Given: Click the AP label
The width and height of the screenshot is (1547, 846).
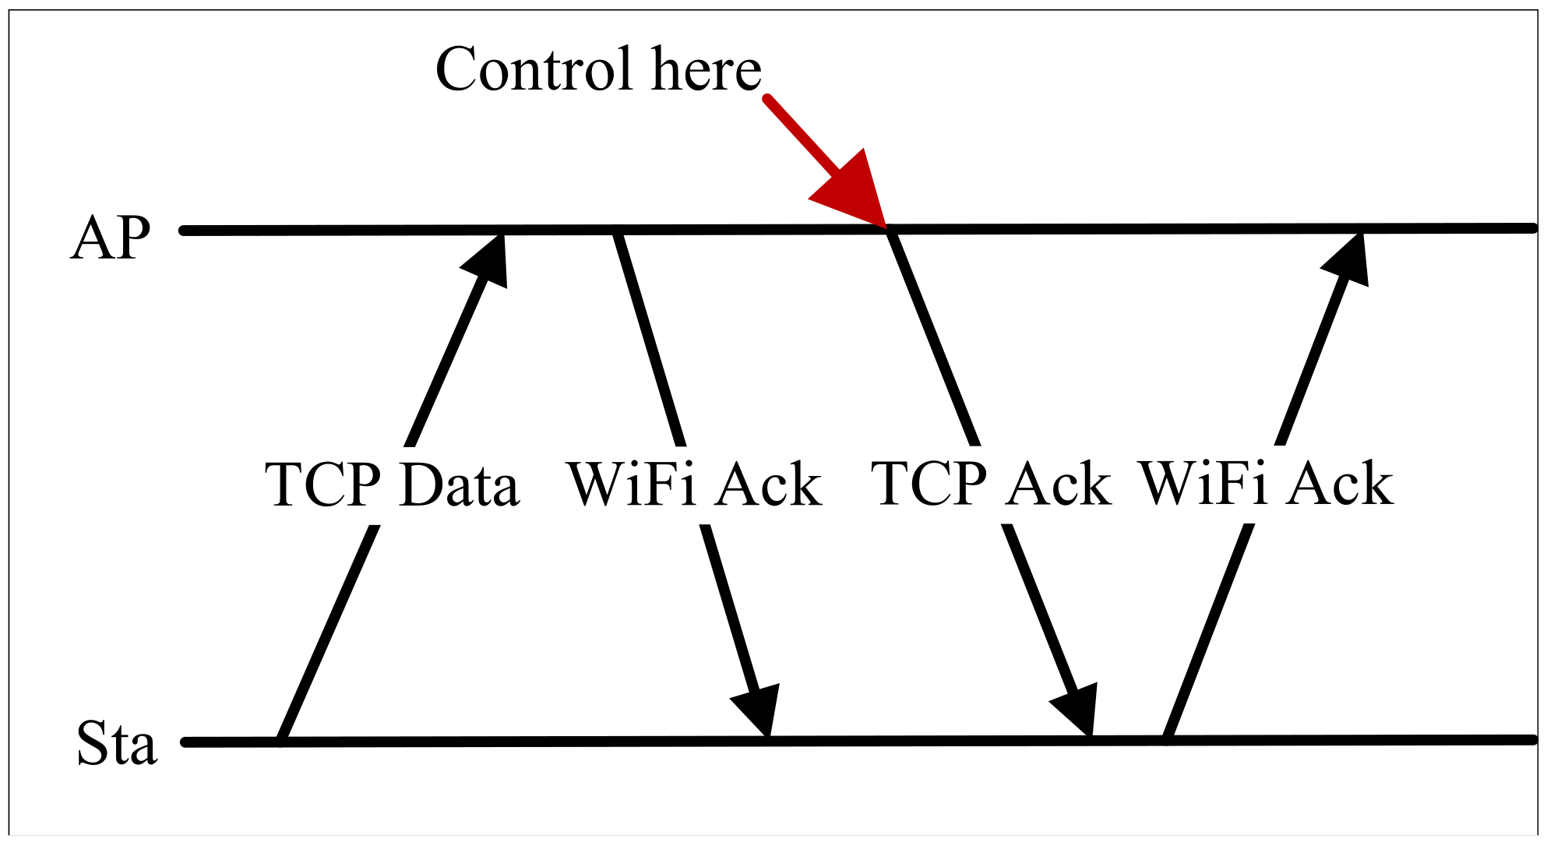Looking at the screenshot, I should click(x=110, y=238).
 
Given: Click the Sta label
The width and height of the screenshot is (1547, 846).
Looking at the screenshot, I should click(x=117, y=743).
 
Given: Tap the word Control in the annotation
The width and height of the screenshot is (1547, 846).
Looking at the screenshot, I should click(x=533, y=69).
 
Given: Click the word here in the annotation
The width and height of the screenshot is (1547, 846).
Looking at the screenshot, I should click(x=706, y=69).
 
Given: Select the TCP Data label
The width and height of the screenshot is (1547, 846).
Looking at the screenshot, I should click(x=392, y=485).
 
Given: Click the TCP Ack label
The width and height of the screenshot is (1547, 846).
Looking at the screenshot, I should click(x=991, y=484).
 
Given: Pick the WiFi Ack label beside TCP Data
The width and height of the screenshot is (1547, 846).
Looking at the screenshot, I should click(x=694, y=485).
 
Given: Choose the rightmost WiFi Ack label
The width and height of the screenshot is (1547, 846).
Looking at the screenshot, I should click(x=1266, y=484).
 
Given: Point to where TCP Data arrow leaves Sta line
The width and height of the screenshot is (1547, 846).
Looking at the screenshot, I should click(x=282, y=740).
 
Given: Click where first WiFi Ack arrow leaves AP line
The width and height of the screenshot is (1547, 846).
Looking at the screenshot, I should click(x=616, y=231).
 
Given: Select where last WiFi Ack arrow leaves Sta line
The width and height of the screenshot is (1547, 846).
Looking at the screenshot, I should click(x=1167, y=738).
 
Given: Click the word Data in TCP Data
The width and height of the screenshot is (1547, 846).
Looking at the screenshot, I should click(x=459, y=485).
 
